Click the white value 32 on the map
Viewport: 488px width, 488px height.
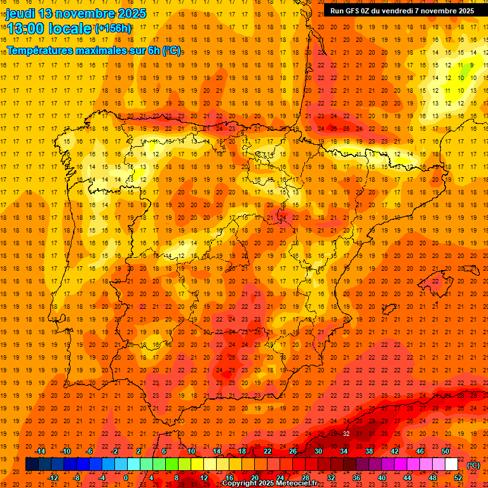[x=346, y=433]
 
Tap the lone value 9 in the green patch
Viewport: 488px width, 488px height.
[x=472, y=65]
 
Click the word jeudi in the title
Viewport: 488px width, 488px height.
[x=20, y=13]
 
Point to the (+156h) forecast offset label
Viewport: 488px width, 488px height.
[x=112, y=28]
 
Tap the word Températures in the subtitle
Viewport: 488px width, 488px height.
[x=37, y=50]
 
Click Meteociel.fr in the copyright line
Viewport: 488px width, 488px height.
[x=301, y=484]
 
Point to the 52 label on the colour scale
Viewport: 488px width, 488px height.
[x=458, y=478]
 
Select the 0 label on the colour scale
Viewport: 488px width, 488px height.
[x=126, y=478]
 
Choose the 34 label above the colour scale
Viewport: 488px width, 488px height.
[x=344, y=452]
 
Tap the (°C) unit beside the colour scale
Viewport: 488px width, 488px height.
[x=473, y=465]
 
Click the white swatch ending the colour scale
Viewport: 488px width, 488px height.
[x=452, y=464]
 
